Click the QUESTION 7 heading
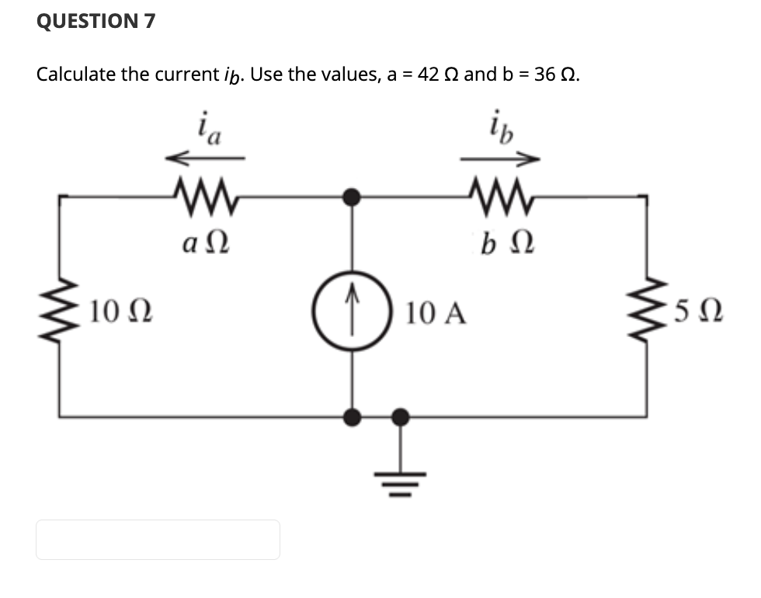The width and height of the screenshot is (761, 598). click(x=96, y=22)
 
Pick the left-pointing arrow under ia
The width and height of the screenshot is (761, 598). click(x=205, y=159)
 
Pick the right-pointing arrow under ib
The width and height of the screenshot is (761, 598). click(x=499, y=159)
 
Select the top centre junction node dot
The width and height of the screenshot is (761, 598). click(x=353, y=197)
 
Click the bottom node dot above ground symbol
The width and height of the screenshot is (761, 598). click(x=401, y=417)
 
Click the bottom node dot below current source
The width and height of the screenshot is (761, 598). click(x=353, y=417)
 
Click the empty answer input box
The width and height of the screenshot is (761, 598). click(x=158, y=540)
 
